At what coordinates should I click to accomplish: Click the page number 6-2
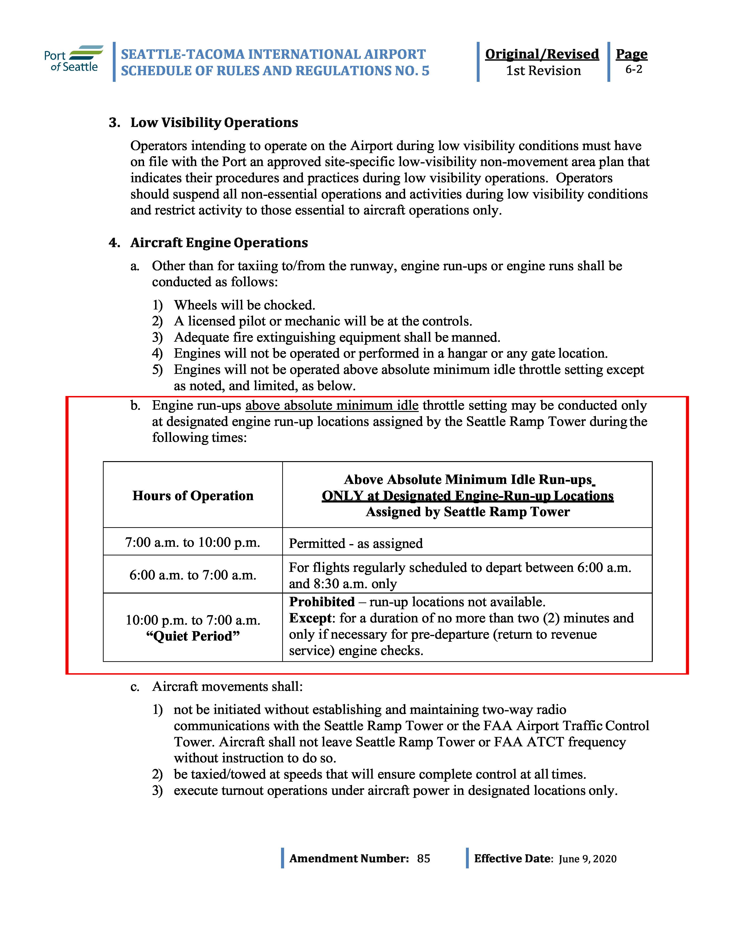[x=633, y=70]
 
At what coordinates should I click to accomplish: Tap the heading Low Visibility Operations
[x=214, y=123]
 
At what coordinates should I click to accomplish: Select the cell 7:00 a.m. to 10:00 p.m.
[x=193, y=542]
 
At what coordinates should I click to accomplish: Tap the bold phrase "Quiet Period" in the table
[x=193, y=636]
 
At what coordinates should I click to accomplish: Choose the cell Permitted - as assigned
[x=356, y=543]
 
